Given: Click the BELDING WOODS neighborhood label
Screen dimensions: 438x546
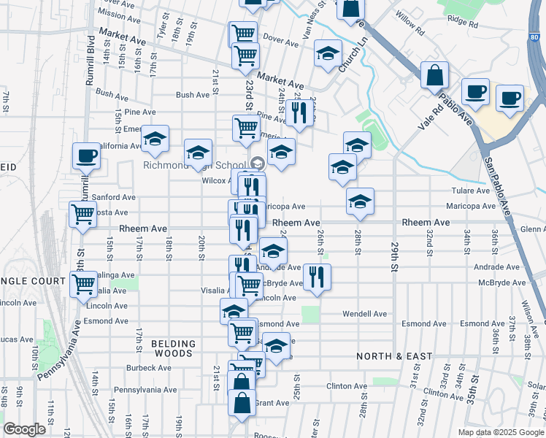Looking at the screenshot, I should click(x=174, y=348).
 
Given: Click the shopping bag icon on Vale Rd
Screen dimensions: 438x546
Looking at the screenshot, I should click(x=434, y=75).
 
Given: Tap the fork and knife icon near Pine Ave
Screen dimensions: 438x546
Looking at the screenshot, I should click(x=298, y=112).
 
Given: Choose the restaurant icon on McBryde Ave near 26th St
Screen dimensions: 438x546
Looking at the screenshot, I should click(x=316, y=277).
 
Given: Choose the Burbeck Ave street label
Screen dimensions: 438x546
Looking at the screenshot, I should click(x=148, y=368).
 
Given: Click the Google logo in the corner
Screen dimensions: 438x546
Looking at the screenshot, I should click(x=24, y=429).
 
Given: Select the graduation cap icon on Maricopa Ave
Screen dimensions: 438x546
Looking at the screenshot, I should click(x=360, y=201).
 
